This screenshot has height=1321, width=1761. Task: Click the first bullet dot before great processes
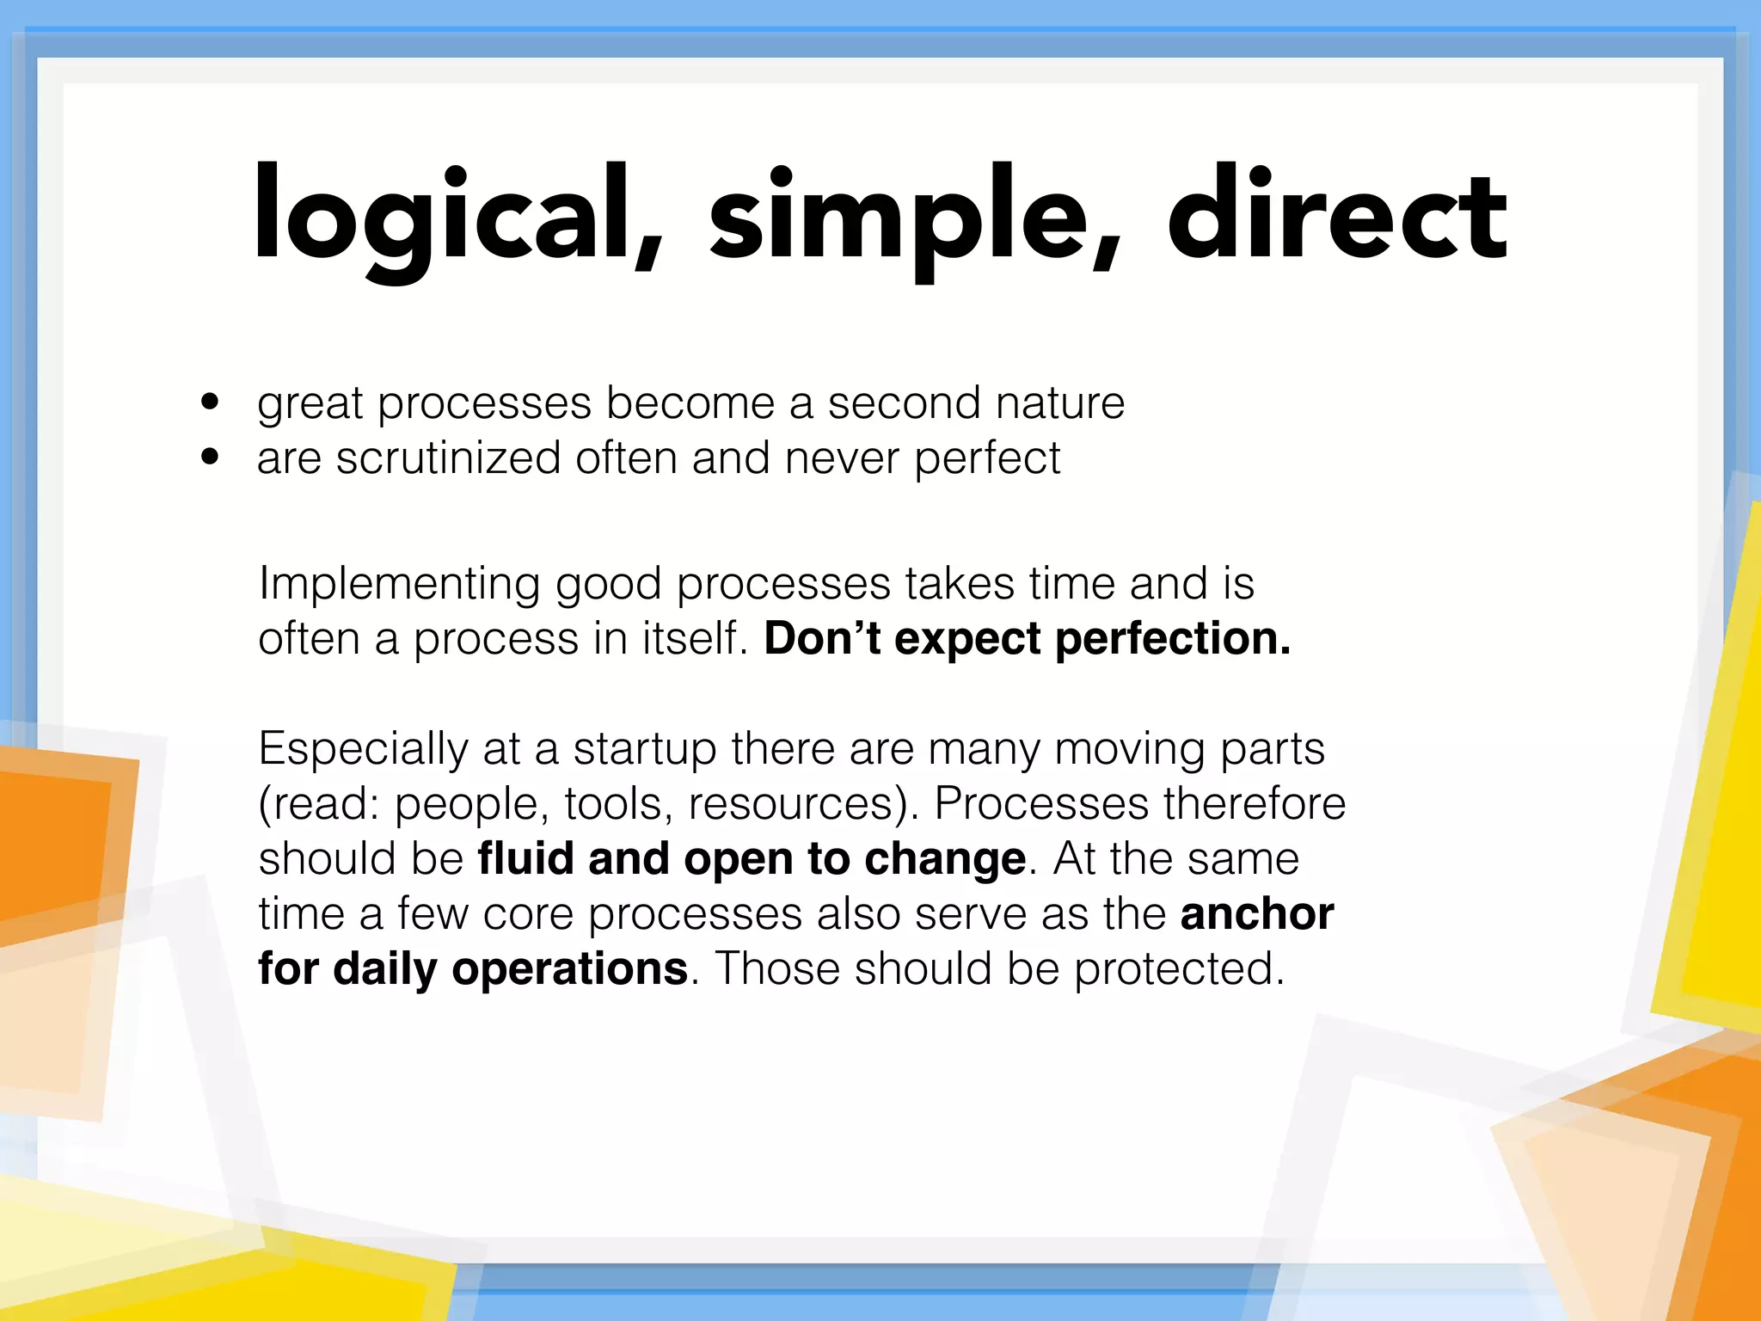[x=210, y=402]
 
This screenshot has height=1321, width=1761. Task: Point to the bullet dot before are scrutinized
[x=210, y=457]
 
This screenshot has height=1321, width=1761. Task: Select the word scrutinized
[x=448, y=458]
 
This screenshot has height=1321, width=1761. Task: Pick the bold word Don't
[x=822, y=639]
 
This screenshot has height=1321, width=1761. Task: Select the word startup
[x=644, y=750]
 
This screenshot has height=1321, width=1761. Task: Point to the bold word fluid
[x=525, y=858]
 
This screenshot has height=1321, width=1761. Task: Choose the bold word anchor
[x=1256, y=913]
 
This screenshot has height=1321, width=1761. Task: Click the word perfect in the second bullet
[x=987, y=458]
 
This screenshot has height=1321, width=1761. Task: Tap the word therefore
[x=1255, y=804]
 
